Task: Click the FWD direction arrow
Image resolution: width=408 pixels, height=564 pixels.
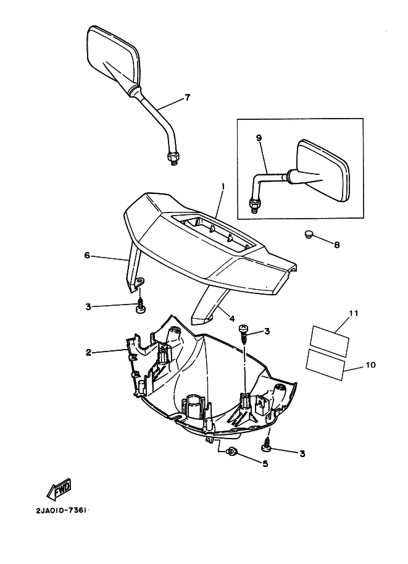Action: pyautogui.click(x=59, y=489)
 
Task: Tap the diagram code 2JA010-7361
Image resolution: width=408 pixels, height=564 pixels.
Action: pyautogui.click(x=62, y=511)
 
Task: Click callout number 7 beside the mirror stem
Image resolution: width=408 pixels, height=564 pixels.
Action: pyautogui.click(x=187, y=97)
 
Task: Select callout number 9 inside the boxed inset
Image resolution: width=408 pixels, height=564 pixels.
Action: pyautogui.click(x=259, y=138)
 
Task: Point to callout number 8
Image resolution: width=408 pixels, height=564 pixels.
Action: pyautogui.click(x=336, y=245)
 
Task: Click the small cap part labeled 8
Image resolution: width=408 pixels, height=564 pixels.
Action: pyautogui.click(x=309, y=235)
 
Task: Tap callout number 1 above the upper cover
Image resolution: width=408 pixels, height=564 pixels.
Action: pyautogui.click(x=223, y=187)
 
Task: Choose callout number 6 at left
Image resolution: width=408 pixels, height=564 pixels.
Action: pyautogui.click(x=87, y=255)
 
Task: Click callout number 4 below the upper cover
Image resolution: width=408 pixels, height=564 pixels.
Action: pyautogui.click(x=232, y=318)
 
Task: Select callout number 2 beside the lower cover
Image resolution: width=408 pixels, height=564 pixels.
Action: pyautogui.click(x=88, y=353)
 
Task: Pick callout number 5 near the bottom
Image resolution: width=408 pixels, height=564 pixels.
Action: pyautogui.click(x=265, y=464)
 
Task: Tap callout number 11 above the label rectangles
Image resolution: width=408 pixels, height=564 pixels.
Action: pyautogui.click(x=354, y=313)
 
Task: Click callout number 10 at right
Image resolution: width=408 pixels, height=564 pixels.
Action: pyautogui.click(x=370, y=364)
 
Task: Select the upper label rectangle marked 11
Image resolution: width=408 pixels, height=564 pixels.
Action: pyautogui.click(x=330, y=341)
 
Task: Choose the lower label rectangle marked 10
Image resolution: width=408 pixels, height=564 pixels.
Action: pyautogui.click(x=325, y=364)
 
